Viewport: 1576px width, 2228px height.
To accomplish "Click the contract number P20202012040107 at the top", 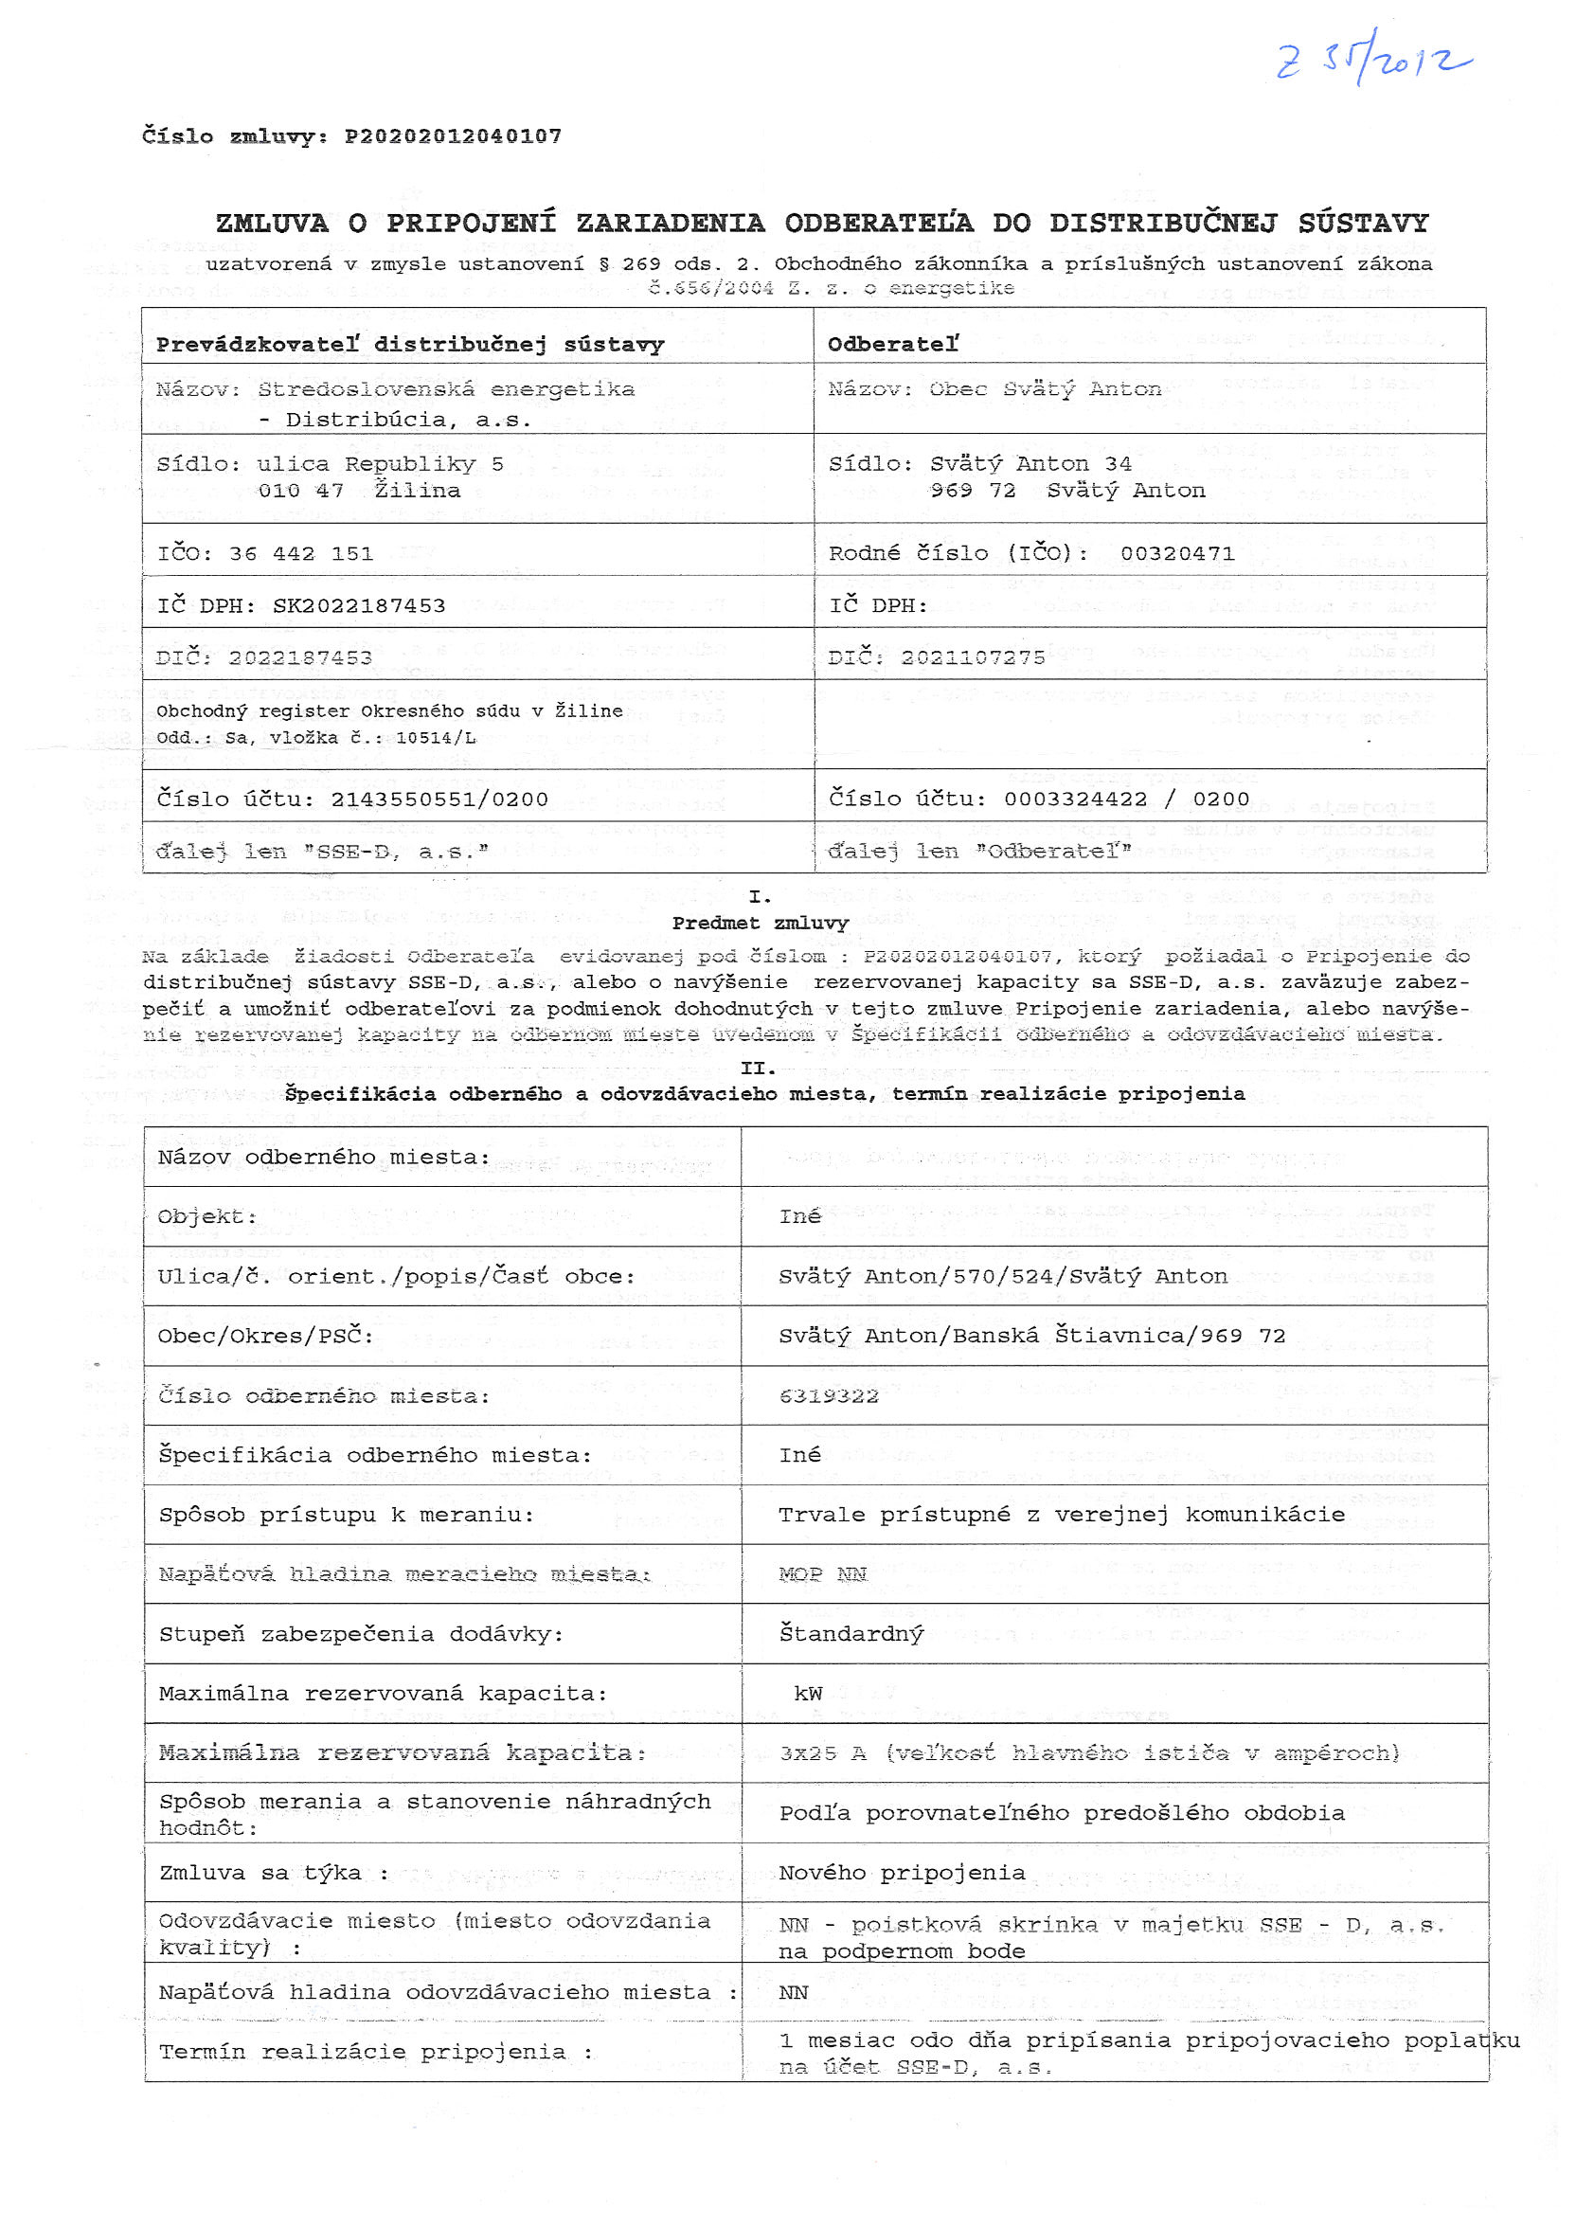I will [x=454, y=135].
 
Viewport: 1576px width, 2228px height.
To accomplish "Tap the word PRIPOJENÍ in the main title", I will [x=471, y=224].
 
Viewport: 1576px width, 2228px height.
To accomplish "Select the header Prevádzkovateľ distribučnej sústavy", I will [x=409, y=345].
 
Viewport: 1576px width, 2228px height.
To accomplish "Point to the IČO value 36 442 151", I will [x=301, y=554].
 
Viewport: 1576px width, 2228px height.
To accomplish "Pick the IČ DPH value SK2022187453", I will [x=359, y=606].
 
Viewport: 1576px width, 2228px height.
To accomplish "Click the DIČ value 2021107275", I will [x=974, y=658].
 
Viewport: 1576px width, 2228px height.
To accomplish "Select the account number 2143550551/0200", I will [x=439, y=800].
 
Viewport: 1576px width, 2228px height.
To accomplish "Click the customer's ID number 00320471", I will [x=1177, y=554].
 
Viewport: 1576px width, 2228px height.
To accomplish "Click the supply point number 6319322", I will [x=829, y=1396].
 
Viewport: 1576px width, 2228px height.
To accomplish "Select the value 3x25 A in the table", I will [x=823, y=1753].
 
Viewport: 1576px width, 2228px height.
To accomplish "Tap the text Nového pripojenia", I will [x=902, y=1874].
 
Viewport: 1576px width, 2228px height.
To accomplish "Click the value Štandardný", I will [x=851, y=1634].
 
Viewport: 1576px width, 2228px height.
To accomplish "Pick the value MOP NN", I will [x=823, y=1574].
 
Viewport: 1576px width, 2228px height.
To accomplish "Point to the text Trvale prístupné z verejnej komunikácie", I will [x=1062, y=1515].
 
